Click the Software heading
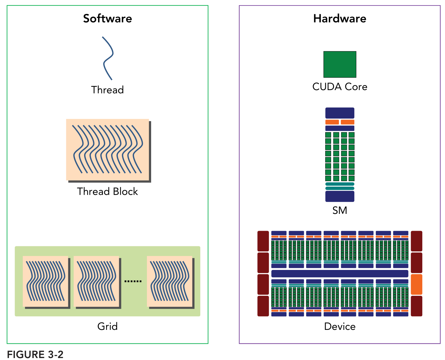107,18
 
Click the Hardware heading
339,18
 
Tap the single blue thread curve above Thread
108,58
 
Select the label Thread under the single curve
107,90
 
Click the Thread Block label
107,192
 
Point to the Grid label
107,326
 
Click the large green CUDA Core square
340,64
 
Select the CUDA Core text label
340,87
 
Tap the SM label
340,211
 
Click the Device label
340,326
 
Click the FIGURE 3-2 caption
35,354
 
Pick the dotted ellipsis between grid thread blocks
133,281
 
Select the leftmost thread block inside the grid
46,281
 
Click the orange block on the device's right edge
417,284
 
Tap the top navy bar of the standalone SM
340,113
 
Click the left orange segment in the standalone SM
332,122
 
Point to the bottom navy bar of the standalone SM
340,196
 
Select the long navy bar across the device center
340,273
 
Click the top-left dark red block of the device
263,241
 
